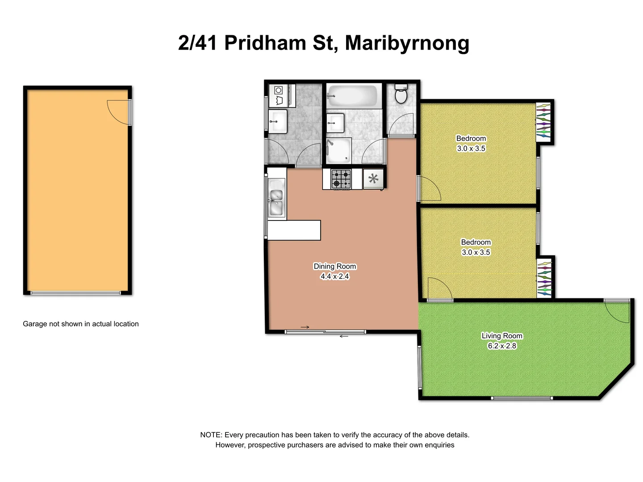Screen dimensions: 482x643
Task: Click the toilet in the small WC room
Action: [401, 94]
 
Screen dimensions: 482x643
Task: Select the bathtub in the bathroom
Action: [352, 96]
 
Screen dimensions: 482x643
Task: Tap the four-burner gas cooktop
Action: [341, 179]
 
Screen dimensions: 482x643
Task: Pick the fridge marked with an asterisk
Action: [373, 179]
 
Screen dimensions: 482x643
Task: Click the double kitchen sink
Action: [276, 202]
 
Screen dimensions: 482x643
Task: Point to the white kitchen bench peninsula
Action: [294, 230]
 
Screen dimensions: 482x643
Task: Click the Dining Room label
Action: [335, 266]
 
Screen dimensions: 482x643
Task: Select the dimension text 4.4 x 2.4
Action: [335, 277]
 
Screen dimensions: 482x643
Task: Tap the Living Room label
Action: [502, 336]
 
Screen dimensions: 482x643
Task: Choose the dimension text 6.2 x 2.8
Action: [502, 346]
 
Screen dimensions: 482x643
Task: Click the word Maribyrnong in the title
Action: [407, 43]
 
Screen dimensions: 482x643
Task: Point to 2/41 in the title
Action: [198, 43]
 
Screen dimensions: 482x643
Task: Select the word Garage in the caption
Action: [35, 324]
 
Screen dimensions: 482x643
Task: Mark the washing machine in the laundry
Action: [279, 96]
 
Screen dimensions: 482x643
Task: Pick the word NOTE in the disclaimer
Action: [211, 435]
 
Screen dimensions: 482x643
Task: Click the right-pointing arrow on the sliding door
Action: [305, 328]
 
